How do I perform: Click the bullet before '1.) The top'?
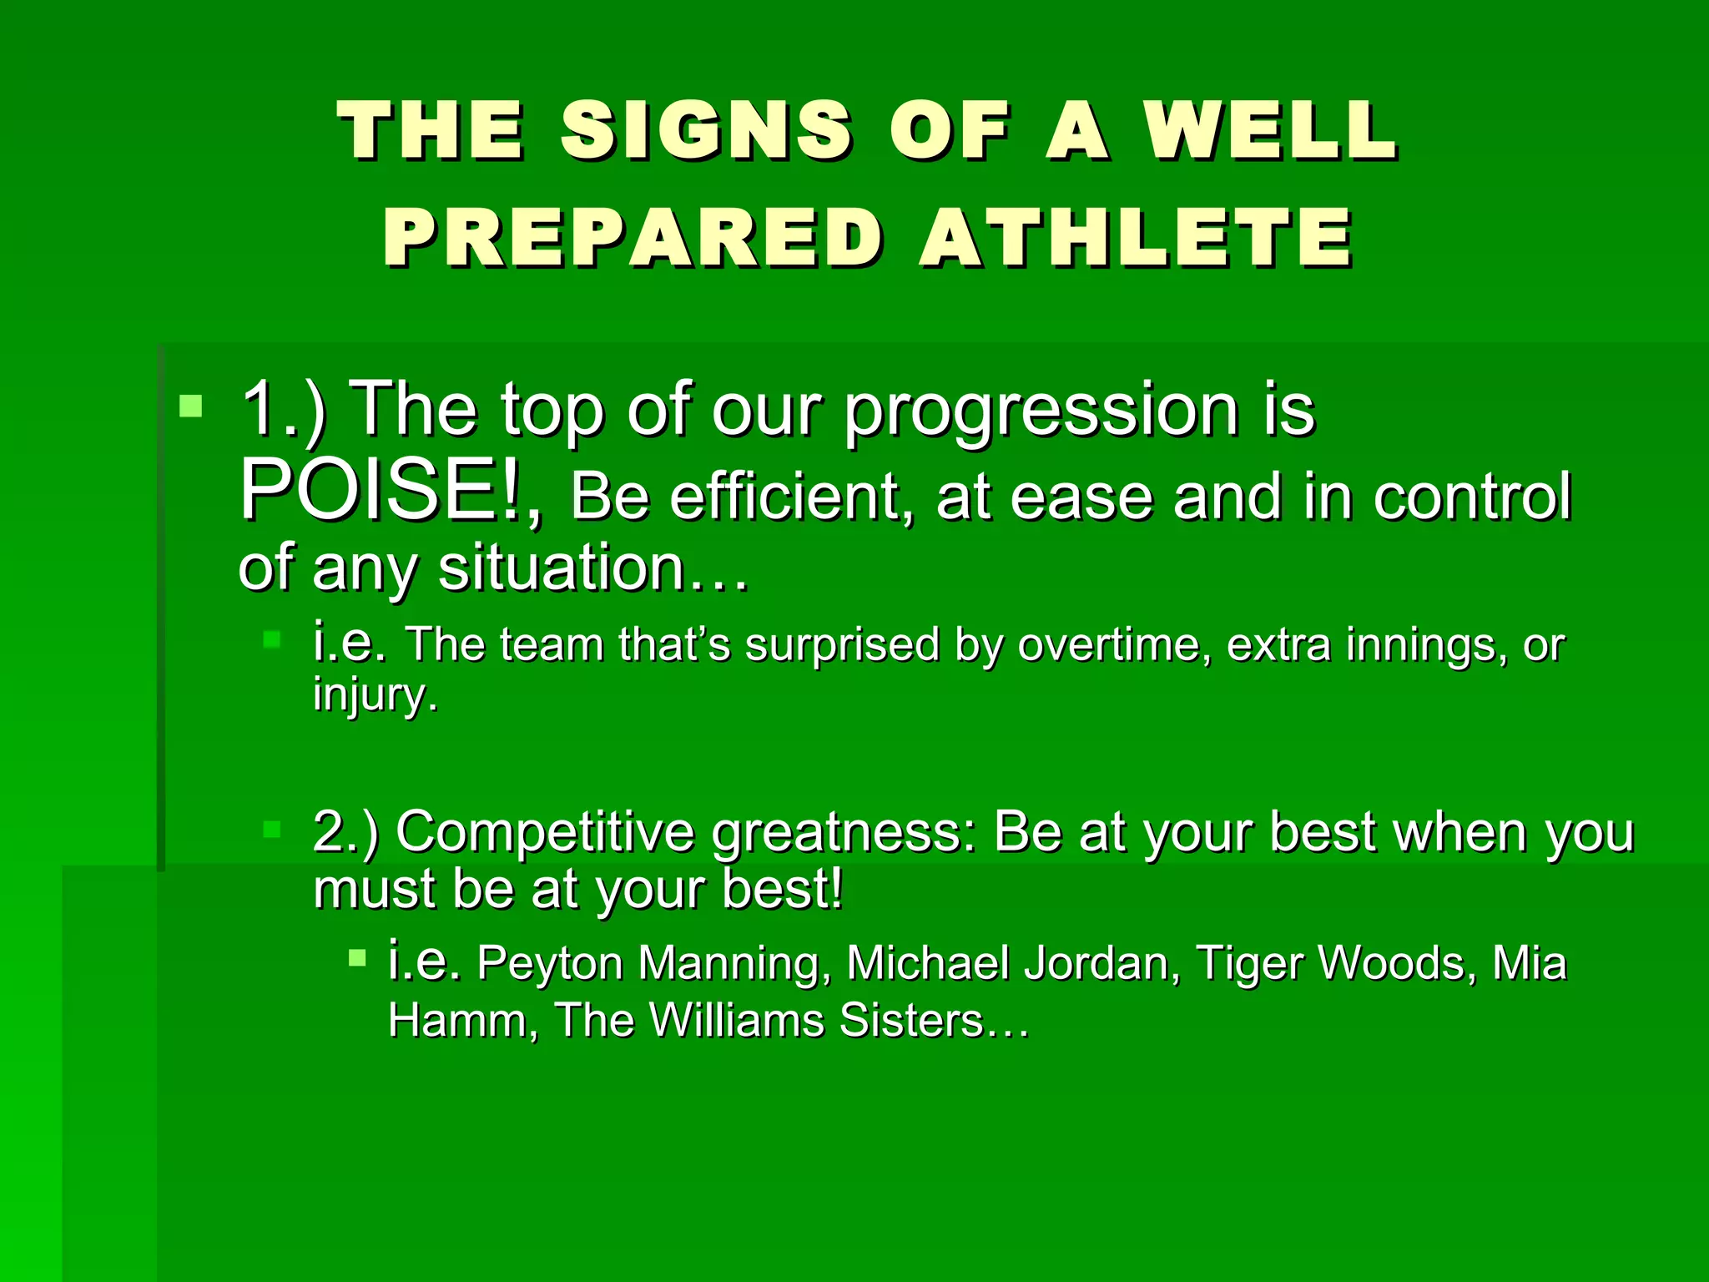(x=191, y=406)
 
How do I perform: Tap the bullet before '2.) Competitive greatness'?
(x=272, y=829)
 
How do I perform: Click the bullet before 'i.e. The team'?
(x=272, y=640)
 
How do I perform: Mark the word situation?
(x=561, y=568)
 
